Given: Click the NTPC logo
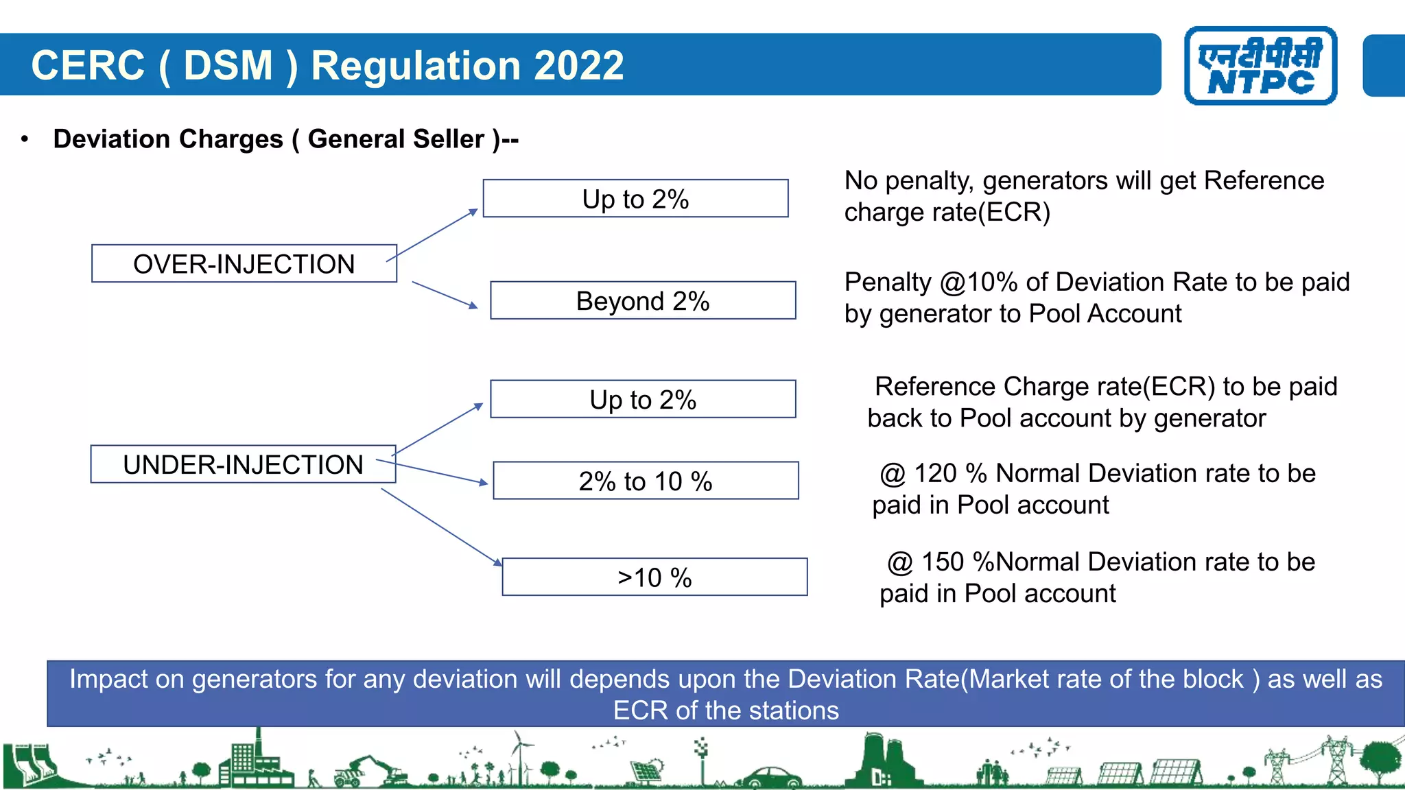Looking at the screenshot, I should [x=1260, y=66].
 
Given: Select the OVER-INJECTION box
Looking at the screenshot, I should [x=244, y=264].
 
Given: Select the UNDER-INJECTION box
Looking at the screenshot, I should [x=243, y=465].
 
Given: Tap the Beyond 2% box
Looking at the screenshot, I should [x=643, y=301].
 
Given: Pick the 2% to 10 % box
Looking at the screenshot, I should [x=646, y=481].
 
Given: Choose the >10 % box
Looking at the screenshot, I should [x=654, y=577].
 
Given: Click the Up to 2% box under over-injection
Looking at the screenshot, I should [x=635, y=199].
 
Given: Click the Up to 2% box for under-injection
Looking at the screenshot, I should [x=643, y=400].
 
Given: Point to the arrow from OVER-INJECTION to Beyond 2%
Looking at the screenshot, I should [x=444, y=295].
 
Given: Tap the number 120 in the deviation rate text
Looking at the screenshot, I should [x=936, y=473].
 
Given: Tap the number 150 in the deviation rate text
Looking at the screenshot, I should [x=943, y=562].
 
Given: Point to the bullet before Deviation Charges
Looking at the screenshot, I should [x=25, y=139].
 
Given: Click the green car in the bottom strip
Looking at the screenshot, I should [x=772, y=778].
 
